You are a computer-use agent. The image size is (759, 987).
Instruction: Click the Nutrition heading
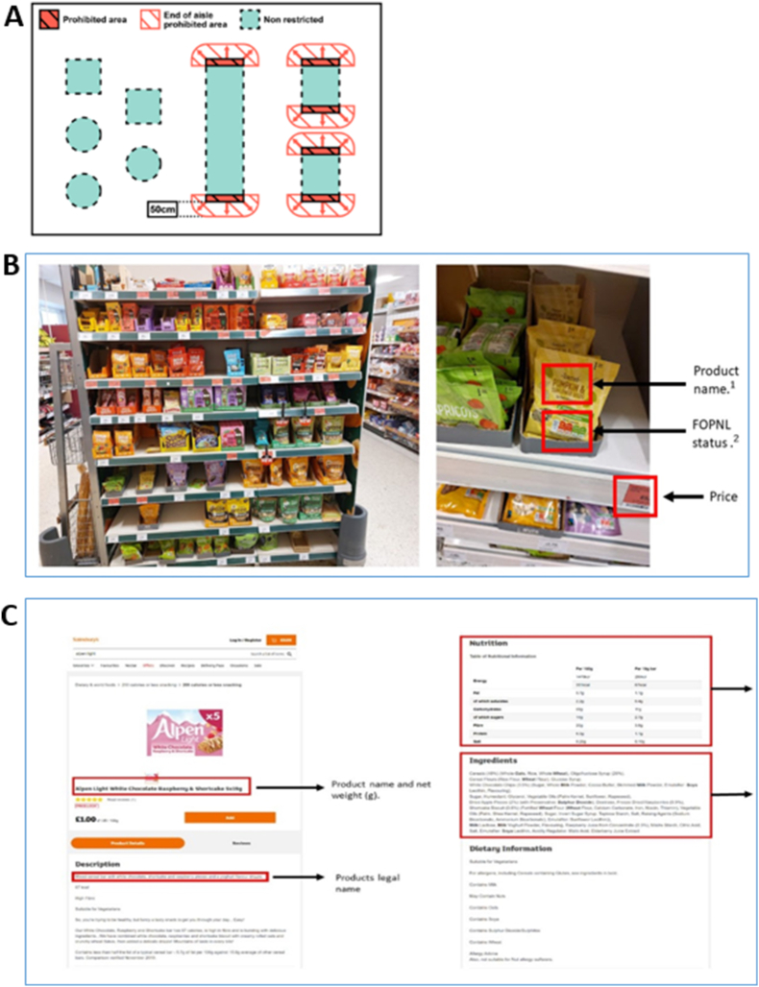pos(493,643)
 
